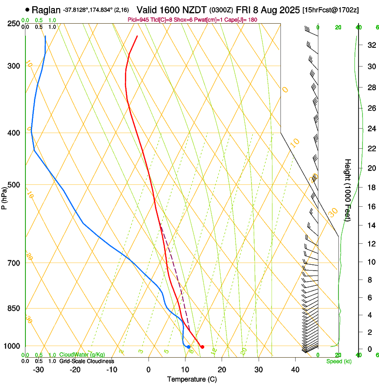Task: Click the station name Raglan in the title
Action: (x=46, y=9)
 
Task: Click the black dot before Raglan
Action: (x=28, y=9)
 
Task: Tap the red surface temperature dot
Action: (x=202, y=347)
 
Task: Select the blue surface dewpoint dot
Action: (x=189, y=347)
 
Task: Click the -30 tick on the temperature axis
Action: (x=38, y=370)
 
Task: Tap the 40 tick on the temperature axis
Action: (x=295, y=370)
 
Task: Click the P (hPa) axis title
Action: (x=4, y=197)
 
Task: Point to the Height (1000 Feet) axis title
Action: (x=348, y=190)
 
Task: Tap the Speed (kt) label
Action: (x=339, y=361)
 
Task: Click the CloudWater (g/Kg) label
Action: (x=82, y=355)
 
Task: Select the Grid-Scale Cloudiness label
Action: (x=87, y=361)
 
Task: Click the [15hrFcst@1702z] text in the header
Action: (x=331, y=9)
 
